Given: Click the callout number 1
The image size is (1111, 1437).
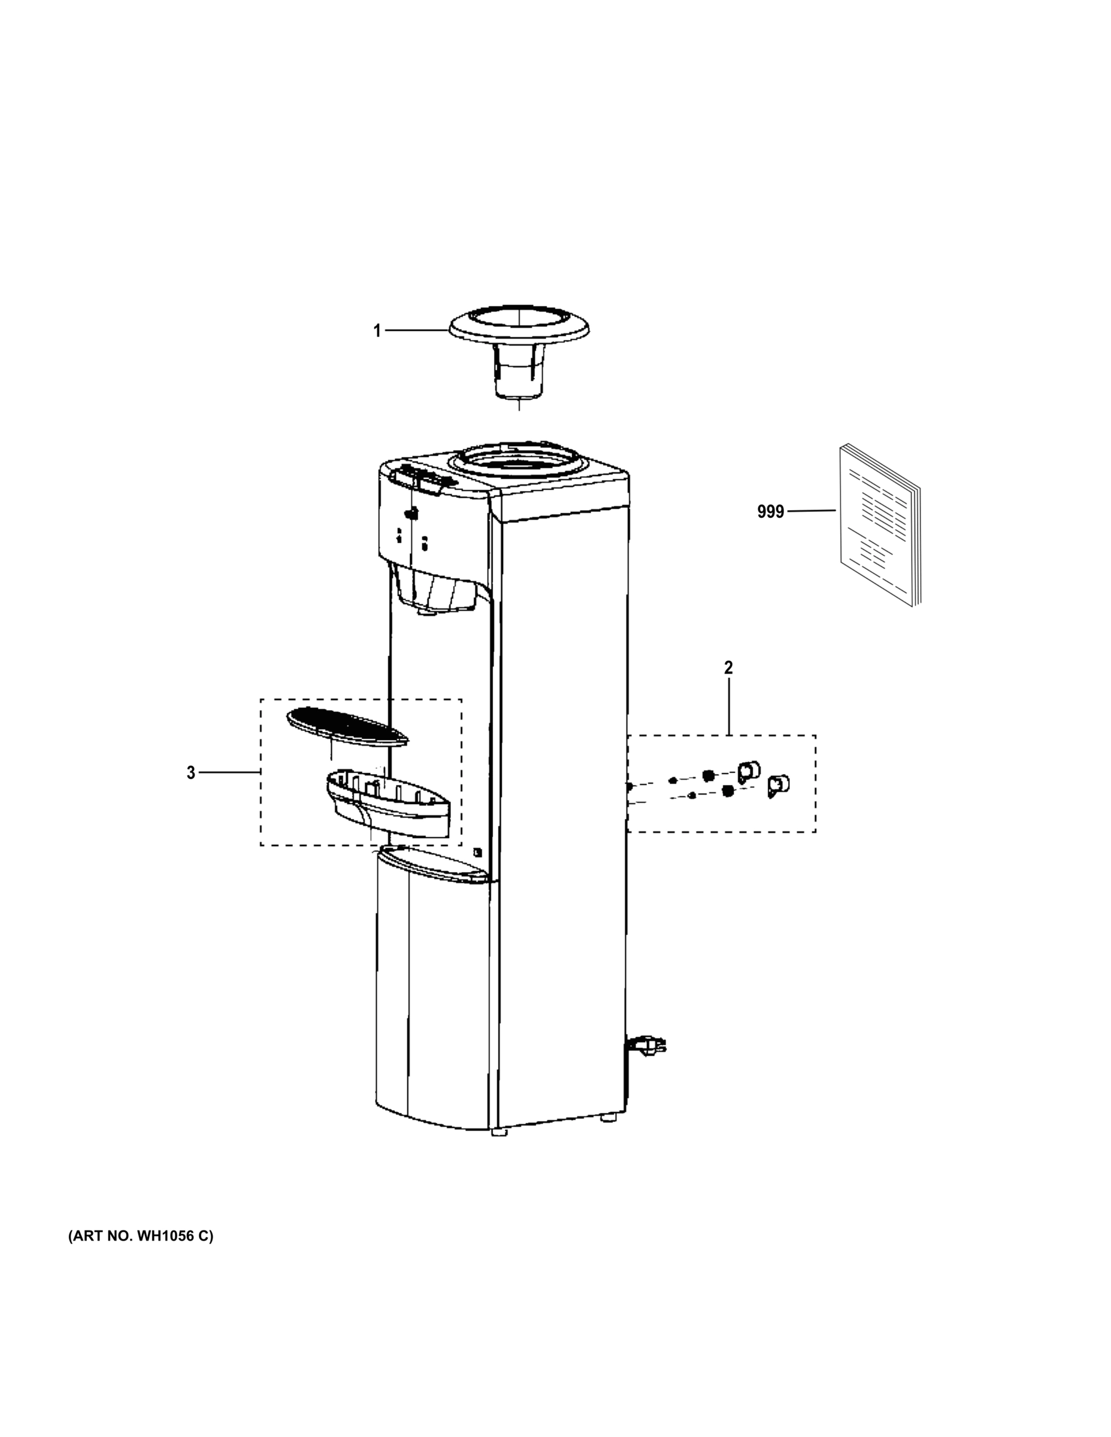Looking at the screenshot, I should (x=377, y=331).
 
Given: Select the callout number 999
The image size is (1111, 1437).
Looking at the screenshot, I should (x=770, y=511).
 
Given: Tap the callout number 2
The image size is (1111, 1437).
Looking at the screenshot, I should (x=728, y=667).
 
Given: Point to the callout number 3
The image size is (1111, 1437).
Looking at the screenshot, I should (x=191, y=773).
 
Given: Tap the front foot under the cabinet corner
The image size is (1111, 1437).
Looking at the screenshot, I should (x=500, y=1132).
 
